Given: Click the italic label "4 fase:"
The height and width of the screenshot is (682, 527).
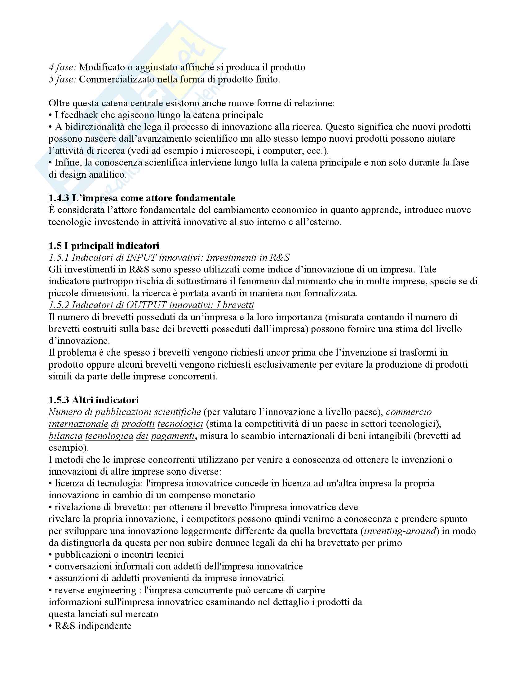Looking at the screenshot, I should pos(62,68).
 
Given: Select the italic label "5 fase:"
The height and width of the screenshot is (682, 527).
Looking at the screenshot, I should pos(62,80).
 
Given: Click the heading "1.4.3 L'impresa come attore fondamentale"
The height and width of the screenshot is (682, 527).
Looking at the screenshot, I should pos(142,198).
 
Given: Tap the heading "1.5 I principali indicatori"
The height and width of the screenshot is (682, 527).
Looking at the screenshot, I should pos(104,246).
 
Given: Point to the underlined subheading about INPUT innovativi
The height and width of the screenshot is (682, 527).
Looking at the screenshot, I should pos(169,258).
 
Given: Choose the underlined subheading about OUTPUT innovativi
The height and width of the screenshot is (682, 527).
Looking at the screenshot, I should pos(151,305).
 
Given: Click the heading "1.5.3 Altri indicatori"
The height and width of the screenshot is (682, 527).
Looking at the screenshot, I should pos(94,400).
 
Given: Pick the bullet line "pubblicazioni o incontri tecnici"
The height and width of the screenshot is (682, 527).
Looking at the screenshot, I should pos(119,555).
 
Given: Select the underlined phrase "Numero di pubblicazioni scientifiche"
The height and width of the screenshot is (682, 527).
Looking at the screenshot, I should pos(125,412).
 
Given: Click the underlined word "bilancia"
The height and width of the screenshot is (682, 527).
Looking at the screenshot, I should pos(65,436).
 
